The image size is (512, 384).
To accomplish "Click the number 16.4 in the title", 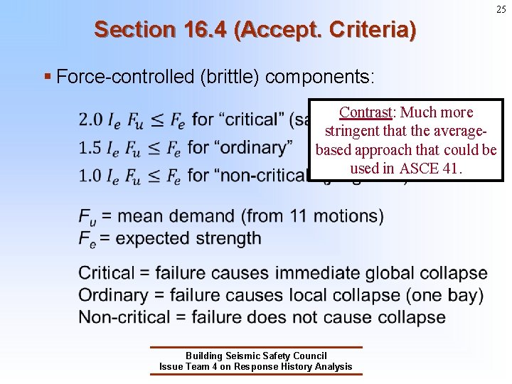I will [201, 30].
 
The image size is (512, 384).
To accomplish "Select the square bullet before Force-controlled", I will [47, 76].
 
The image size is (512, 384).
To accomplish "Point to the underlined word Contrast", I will [366, 112].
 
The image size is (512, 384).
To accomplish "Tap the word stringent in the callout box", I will [351, 131].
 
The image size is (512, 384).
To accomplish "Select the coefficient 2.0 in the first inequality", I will [90, 119].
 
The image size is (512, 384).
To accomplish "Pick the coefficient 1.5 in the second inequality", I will [90, 147].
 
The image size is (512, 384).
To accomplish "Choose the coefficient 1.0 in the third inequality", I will [90, 175].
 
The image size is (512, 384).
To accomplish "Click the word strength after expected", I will [228, 238].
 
